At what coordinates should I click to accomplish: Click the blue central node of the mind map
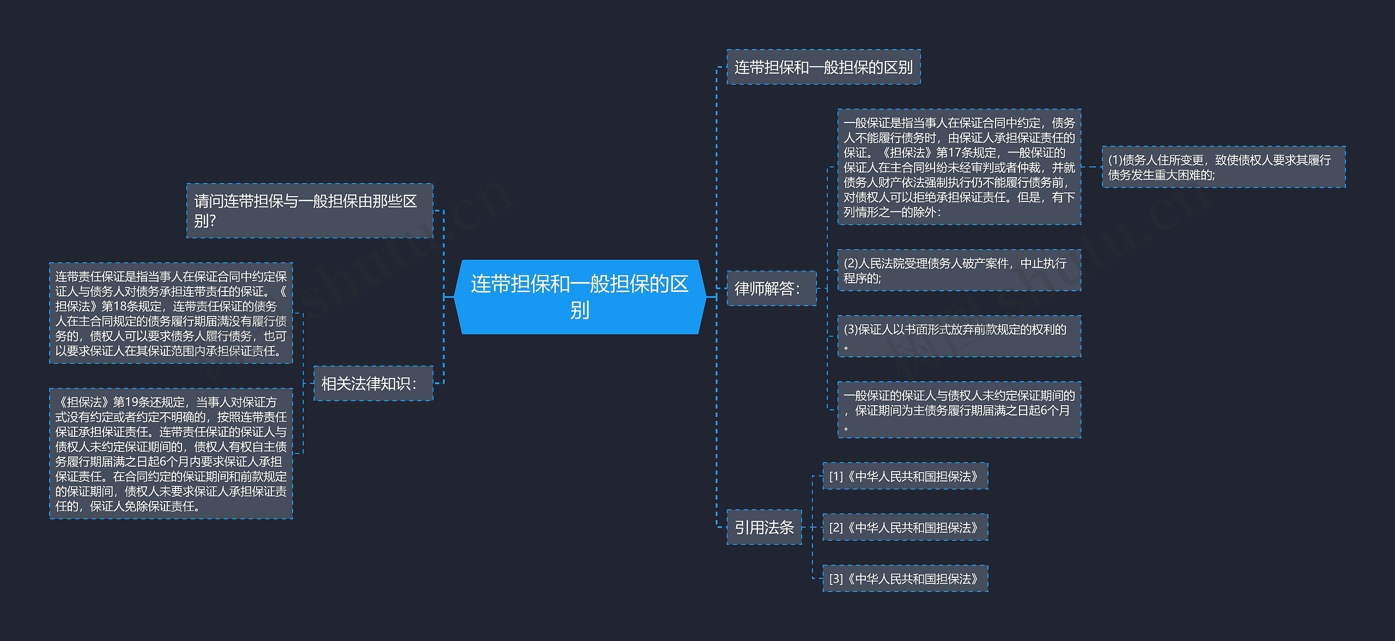coord(579,297)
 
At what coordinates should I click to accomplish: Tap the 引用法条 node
coord(764,527)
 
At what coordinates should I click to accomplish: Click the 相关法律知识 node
coord(373,383)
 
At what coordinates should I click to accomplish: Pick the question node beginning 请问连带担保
coord(310,211)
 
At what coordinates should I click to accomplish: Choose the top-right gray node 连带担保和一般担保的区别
coord(823,67)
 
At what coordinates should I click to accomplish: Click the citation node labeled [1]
coord(905,477)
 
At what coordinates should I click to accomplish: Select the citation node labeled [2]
coord(905,528)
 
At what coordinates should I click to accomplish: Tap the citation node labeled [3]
coord(905,579)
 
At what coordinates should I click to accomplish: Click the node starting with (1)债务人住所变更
coord(1223,167)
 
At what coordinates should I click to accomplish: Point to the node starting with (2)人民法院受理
coord(959,271)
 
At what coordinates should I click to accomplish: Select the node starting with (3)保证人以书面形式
coord(959,336)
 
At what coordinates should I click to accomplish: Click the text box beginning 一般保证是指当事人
coord(959,167)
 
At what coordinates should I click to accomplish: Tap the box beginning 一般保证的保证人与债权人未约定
coord(959,410)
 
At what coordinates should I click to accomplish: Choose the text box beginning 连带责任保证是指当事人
coord(171,313)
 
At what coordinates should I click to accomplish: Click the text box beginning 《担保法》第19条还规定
coord(171,454)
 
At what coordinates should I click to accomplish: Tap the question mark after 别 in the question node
coord(213,221)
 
